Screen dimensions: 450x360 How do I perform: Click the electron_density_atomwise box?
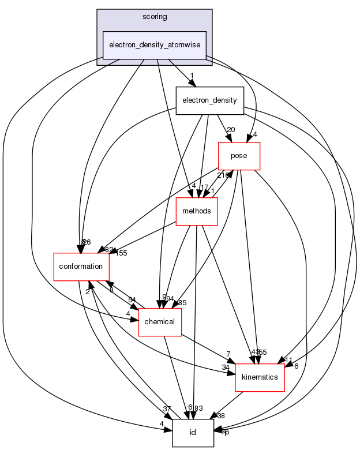coord(154,45)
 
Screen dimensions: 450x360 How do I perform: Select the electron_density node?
coord(209,100)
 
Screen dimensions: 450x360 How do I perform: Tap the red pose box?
coord(239,156)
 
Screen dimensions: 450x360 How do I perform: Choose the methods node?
coord(196,211)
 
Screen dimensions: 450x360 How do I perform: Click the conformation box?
coord(81,267)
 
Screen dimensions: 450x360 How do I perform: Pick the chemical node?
coord(160,321)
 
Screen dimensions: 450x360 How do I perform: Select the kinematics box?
coord(259,377)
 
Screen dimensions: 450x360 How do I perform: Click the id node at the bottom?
coord(193,433)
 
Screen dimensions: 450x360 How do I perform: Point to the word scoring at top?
coord(154,17)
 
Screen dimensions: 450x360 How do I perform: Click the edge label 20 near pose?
coord(230,129)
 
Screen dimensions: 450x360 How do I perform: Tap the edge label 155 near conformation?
coord(121,252)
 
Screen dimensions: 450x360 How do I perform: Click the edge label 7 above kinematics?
coord(229,353)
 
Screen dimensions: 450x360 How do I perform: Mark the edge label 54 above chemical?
coord(133,299)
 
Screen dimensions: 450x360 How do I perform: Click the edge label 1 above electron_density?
coord(192,75)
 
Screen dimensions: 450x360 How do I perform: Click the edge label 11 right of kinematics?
coord(288,361)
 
